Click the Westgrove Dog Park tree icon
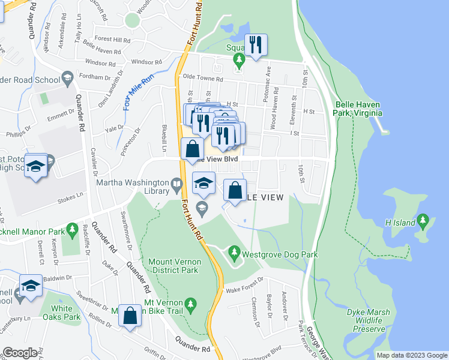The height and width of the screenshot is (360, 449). (x=234, y=254)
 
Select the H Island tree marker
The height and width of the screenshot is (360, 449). (x=424, y=222)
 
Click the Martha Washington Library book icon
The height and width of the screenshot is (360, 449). (x=176, y=185)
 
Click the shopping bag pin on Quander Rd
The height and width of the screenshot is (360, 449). (x=130, y=316)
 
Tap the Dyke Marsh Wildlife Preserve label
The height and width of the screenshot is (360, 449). (x=368, y=320)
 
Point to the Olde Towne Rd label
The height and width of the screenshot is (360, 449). (x=203, y=79)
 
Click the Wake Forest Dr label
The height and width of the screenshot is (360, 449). (x=244, y=290)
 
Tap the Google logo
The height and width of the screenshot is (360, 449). (x=19, y=353)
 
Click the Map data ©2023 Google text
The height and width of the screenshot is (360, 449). (x=411, y=355)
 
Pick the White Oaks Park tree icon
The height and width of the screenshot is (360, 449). (x=61, y=293)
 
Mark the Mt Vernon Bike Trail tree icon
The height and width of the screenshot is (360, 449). (x=191, y=304)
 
